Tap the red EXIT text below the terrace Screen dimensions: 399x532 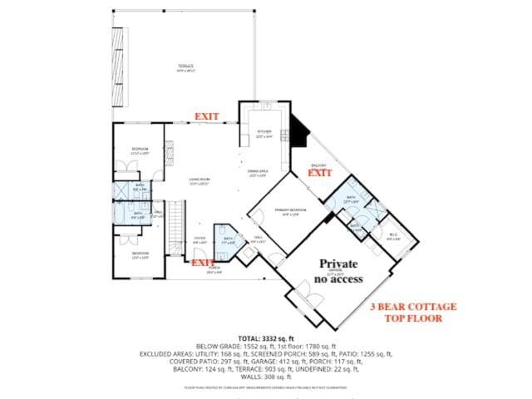(207, 116)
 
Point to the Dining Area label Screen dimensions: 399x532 (257, 174)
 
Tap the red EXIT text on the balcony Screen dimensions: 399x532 (320, 173)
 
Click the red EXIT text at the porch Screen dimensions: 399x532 (204, 263)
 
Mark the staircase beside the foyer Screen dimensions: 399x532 (175, 229)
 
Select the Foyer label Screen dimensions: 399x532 (200, 239)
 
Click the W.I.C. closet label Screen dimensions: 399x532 (393, 235)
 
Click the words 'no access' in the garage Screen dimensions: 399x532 (339, 278)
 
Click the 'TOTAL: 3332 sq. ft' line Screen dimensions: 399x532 (265, 337)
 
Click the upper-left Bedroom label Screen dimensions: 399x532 (140, 151)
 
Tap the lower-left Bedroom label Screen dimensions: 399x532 (140, 254)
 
